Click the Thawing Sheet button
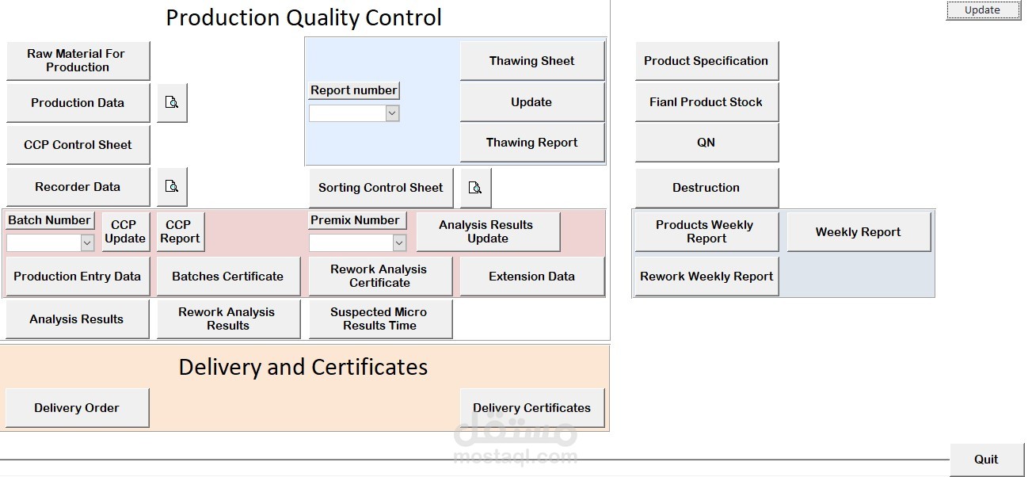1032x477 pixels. coord(531,61)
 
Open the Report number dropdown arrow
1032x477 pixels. coord(392,114)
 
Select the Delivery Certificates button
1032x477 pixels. coord(531,408)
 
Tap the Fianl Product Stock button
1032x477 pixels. coord(706,102)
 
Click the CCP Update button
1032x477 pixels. coord(125,231)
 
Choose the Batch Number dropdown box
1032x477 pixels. coord(50,243)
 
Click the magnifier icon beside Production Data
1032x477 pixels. coord(172,103)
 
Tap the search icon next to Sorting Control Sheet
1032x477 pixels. coord(475,188)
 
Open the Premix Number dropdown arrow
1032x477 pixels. coord(399,243)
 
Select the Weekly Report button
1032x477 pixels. coord(858,232)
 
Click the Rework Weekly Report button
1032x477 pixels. coord(706,277)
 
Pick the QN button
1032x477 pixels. coord(706,143)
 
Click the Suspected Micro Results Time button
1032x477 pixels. coord(379,319)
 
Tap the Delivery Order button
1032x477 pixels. coord(77,408)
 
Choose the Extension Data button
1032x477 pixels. coord(531,277)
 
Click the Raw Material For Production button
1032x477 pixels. coord(77,61)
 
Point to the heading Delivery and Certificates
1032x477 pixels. coord(303,367)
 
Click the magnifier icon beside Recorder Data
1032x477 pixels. coord(172,187)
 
